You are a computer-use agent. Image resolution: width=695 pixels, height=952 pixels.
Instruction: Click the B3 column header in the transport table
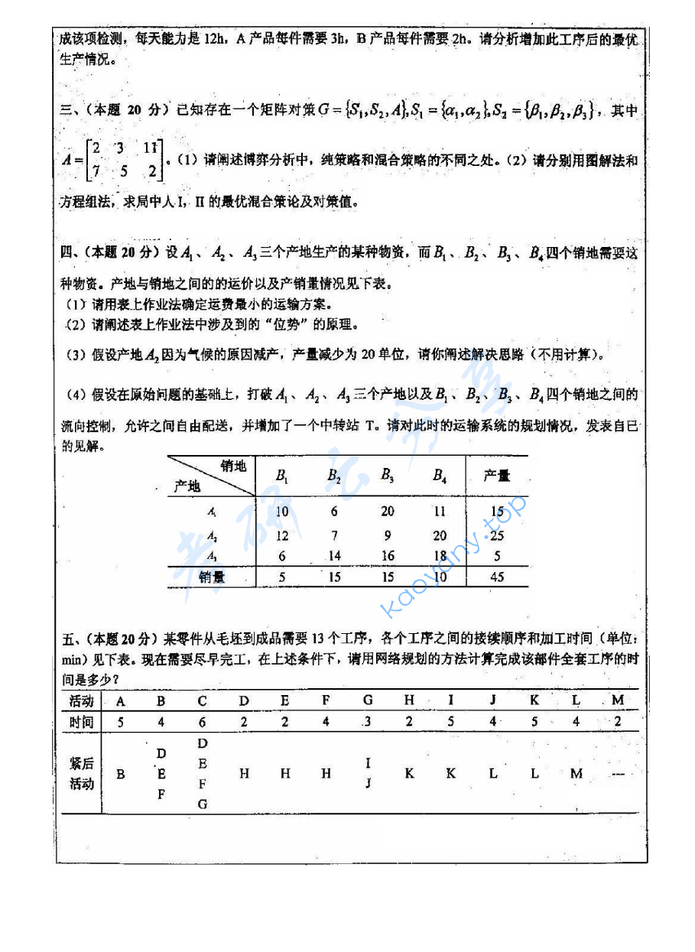point(388,475)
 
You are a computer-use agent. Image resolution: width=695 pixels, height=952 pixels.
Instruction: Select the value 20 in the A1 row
point(388,512)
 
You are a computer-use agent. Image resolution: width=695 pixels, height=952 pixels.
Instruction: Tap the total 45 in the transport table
point(497,577)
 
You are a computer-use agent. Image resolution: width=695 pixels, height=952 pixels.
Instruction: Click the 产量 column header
point(497,476)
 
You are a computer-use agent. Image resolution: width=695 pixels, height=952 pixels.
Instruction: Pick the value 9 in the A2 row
point(388,535)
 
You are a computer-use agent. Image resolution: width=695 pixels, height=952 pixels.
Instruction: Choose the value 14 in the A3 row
point(334,557)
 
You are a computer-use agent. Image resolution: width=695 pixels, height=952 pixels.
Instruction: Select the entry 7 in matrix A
point(96,172)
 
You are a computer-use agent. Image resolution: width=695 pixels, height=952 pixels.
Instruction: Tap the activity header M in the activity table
point(618,700)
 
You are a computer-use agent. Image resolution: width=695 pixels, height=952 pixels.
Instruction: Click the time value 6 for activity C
point(202,721)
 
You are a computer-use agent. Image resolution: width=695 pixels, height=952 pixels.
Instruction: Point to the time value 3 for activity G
point(368,721)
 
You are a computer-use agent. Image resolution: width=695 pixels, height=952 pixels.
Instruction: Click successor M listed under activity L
point(576,774)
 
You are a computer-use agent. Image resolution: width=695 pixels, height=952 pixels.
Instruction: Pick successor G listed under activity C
point(202,804)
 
